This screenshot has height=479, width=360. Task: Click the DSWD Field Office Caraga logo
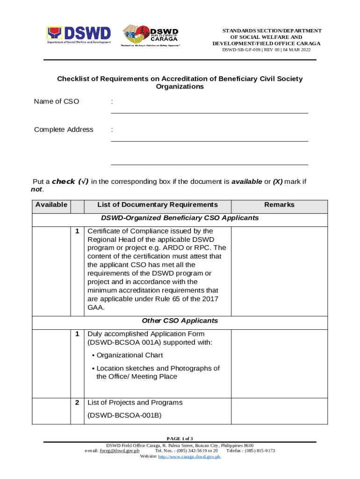pos(151,35)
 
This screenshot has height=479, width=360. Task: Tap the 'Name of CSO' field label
pos(57,102)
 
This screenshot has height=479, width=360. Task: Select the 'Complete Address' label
pos(64,130)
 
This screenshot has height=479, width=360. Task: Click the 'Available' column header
pos(51,205)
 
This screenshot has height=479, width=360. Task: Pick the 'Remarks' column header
pos(279,205)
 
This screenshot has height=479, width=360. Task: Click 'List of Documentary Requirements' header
pos(157,205)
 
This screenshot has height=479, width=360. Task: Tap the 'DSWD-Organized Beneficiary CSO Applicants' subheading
pos(180,218)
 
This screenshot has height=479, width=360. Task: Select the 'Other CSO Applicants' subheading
pos(180,321)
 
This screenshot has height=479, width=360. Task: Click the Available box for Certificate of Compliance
pos(51,269)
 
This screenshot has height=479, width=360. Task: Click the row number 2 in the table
pos(77,403)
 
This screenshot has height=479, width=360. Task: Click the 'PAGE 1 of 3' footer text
pos(180,438)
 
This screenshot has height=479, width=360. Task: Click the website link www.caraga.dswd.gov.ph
pos(189,457)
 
